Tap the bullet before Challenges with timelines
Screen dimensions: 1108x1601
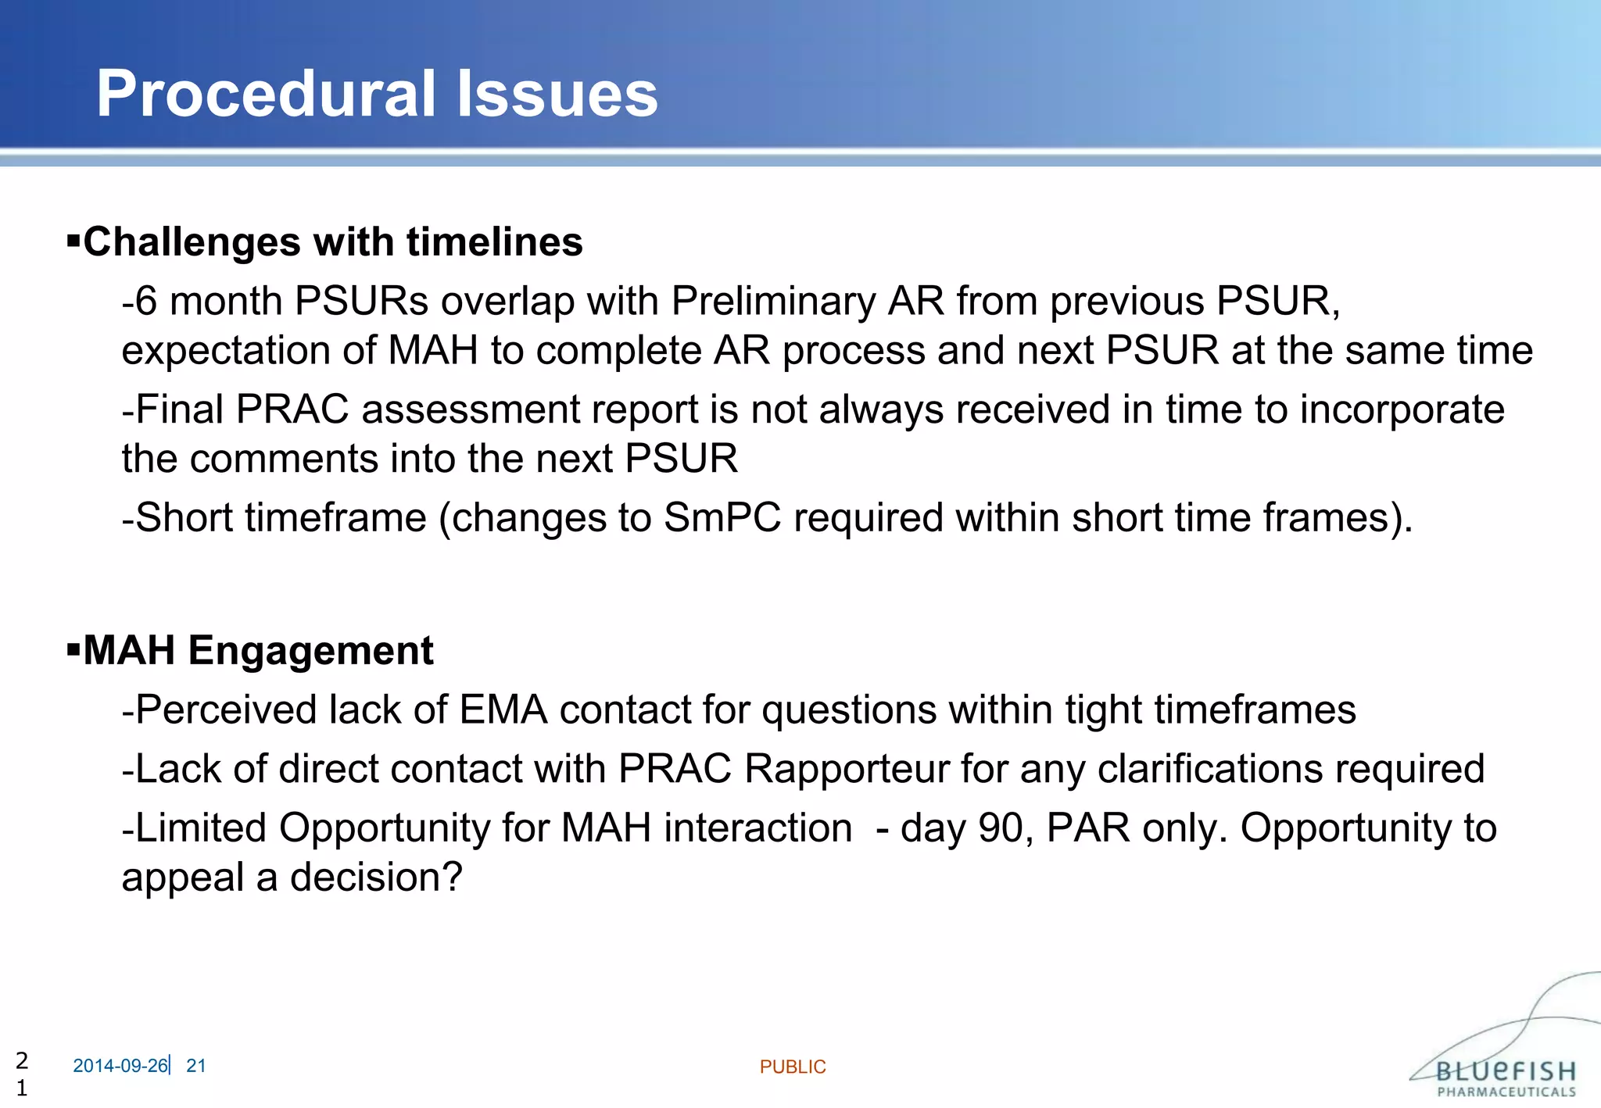coord(74,240)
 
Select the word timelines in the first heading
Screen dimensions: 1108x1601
coord(494,241)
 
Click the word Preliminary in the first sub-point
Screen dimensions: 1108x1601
coord(773,301)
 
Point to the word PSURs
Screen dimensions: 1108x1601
coord(361,301)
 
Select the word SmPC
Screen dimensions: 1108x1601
coord(722,517)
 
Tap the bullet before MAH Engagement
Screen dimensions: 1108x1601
coord(74,649)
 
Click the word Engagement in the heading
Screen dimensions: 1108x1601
coord(310,650)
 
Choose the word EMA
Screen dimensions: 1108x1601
coord(503,709)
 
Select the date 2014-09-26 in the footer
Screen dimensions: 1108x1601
coord(120,1066)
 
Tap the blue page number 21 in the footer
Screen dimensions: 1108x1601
coord(196,1066)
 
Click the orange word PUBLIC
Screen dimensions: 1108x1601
coord(792,1067)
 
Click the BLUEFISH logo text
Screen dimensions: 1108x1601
coord(1505,1071)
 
